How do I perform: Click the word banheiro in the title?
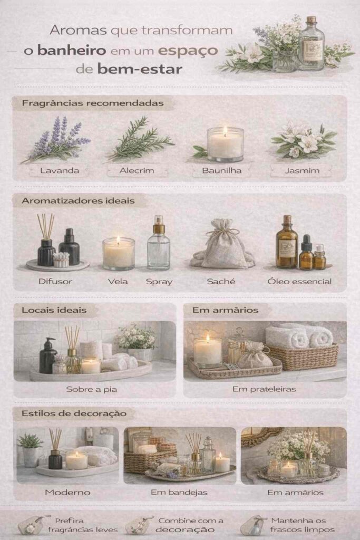coord(72,50)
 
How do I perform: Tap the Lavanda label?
coord(60,170)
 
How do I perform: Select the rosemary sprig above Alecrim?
coord(140,139)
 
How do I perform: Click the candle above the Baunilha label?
coord(225,144)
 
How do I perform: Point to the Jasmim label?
coord(302,170)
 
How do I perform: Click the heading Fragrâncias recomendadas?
coord(93,103)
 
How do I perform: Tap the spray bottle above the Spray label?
coord(159,243)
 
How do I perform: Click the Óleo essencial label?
coord(299,282)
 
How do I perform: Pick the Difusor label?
coord(55,282)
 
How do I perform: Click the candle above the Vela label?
coord(119,253)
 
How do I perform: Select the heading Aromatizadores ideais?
coord(78,200)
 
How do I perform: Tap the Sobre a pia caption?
coord(92,390)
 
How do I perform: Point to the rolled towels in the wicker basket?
coord(299,336)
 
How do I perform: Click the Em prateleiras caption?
coord(264,389)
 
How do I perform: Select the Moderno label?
coord(68,493)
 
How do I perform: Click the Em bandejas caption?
coord(179,493)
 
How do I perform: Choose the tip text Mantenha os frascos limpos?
coord(303,525)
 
